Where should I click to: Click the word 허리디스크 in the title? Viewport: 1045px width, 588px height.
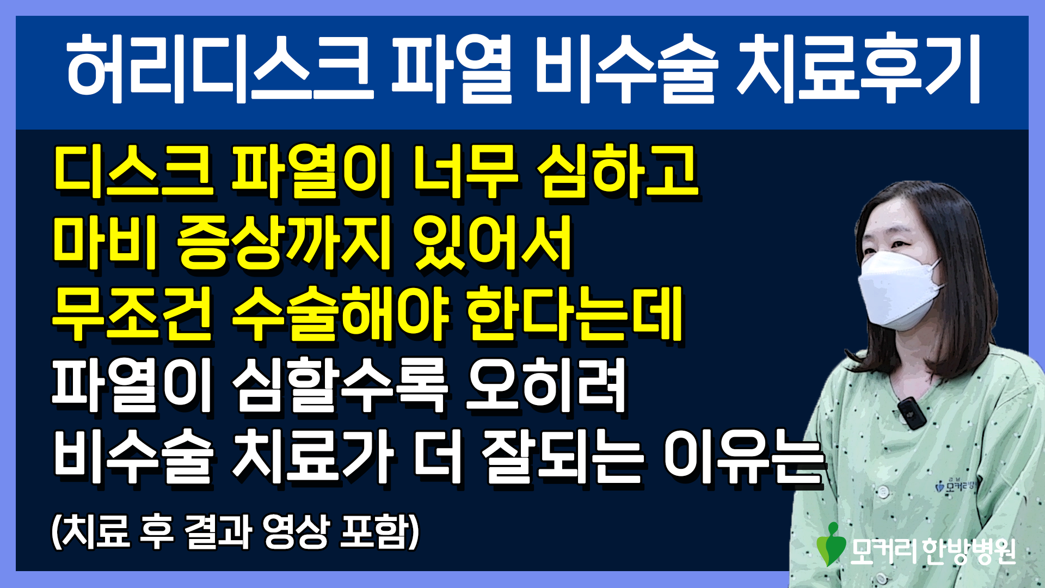(x=220, y=69)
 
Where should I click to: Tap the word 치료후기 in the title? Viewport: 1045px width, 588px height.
(x=859, y=69)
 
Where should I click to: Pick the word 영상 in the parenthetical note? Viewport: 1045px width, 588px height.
(x=296, y=531)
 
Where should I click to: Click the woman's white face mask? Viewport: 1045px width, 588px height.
(x=900, y=289)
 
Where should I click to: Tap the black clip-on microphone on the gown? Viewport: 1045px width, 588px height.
(x=911, y=413)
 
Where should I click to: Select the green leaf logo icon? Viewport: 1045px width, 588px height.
(x=831, y=544)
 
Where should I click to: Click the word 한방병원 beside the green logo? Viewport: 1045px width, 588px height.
(x=969, y=552)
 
